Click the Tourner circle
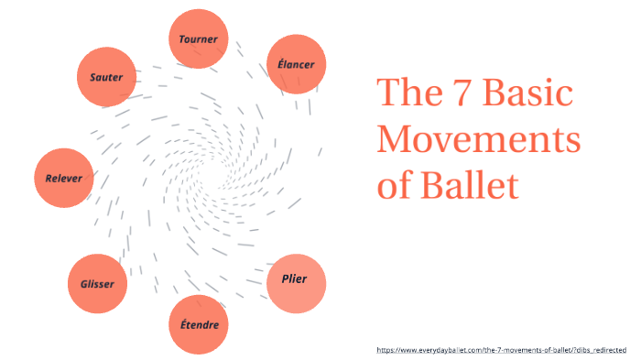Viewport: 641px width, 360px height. pyautogui.click(x=199, y=38)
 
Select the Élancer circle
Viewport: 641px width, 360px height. pyautogui.click(x=296, y=64)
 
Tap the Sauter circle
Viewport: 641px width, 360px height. pyautogui.click(x=106, y=77)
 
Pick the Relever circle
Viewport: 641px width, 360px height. pyautogui.click(x=64, y=177)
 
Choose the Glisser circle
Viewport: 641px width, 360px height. pyautogui.click(x=97, y=284)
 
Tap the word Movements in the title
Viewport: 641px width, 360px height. pyautogui.click(x=479, y=140)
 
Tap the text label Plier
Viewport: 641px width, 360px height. pyautogui.click(x=295, y=278)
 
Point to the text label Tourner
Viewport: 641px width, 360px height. pyautogui.click(x=199, y=39)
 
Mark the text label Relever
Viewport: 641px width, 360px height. pyautogui.click(x=64, y=178)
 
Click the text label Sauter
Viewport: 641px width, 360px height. pyautogui.click(x=106, y=77)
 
